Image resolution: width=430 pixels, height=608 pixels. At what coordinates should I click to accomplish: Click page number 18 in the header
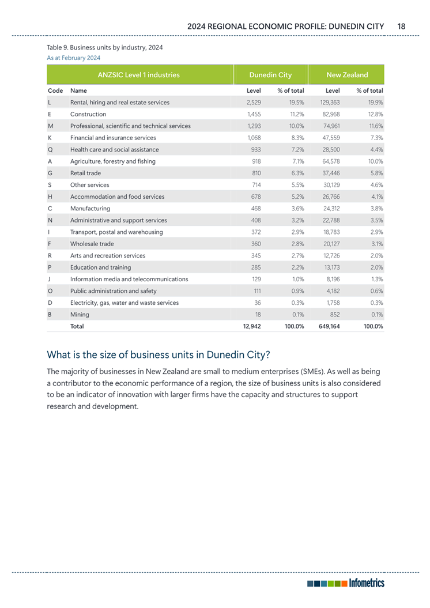click(x=402, y=26)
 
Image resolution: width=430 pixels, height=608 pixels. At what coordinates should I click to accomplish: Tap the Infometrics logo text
click(x=365, y=583)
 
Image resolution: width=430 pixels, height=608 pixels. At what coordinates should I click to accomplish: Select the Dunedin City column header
click(x=270, y=75)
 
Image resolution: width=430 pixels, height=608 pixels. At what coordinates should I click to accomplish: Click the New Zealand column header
click(x=347, y=75)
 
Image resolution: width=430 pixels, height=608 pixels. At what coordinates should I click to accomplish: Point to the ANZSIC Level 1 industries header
click(x=138, y=75)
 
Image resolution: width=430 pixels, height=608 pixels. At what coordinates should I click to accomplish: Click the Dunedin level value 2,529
click(x=254, y=103)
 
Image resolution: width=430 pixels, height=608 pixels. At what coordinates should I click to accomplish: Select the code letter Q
click(x=51, y=149)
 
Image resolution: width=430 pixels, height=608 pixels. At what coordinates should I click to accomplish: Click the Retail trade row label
click(x=85, y=173)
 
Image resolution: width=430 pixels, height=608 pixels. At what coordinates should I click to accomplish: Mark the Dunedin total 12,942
click(x=252, y=326)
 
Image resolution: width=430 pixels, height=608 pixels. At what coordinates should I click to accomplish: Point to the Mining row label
click(x=80, y=314)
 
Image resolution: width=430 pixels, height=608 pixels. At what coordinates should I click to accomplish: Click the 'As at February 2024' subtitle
click(x=73, y=58)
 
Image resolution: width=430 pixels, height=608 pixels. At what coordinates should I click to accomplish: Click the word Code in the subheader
click(x=55, y=91)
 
